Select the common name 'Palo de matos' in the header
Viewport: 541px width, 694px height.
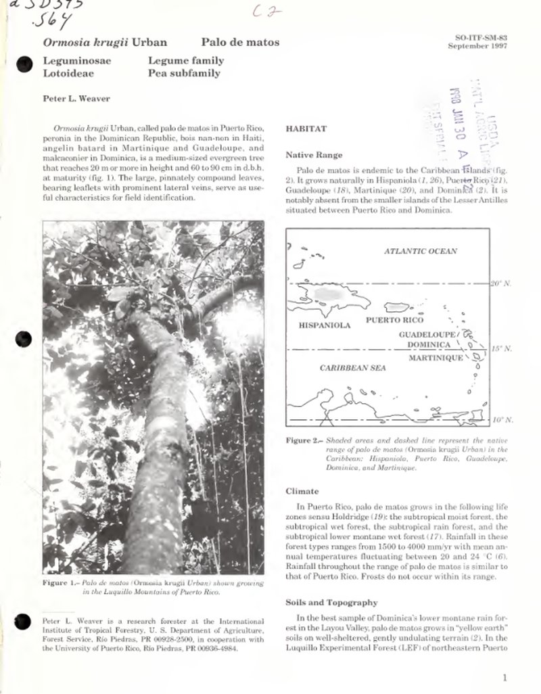coord(240,42)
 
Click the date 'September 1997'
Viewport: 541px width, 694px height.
coord(477,46)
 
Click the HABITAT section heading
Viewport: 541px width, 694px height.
coord(306,128)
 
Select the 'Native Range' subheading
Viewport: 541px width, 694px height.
coord(314,155)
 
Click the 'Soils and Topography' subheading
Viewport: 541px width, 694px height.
coord(331,602)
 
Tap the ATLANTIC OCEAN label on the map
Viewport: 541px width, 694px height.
coord(420,251)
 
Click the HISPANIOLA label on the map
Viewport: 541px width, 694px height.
coord(325,325)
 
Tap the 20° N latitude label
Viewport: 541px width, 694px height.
coord(501,283)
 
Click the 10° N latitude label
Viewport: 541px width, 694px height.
coord(501,420)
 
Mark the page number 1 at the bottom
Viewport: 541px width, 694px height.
coord(505,677)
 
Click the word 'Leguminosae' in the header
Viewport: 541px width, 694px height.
coord(77,60)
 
